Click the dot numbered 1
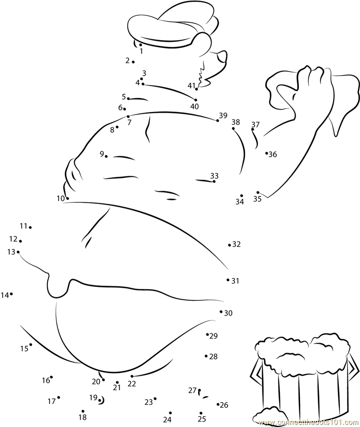(x=140, y=45)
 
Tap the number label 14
(x=5, y=295)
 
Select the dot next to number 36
(x=267, y=153)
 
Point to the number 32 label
(x=236, y=245)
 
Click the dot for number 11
(x=30, y=227)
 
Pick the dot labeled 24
(x=171, y=413)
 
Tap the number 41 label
(x=191, y=86)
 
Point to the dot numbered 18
(x=83, y=411)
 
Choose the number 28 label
(x=213, y=356)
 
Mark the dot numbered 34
(x=241, y=195)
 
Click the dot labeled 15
(x=31, y=345)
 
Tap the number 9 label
(x=102, y=154)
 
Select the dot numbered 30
(x=221, y=312)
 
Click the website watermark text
(x=309, y=422)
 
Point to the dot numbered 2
(x=133, y=62)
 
